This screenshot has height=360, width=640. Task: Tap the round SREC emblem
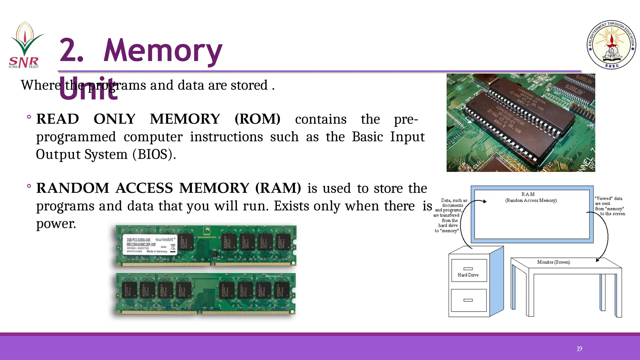(611, 45)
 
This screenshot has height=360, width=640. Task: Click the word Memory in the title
(162, 51)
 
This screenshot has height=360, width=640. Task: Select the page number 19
(579, 349)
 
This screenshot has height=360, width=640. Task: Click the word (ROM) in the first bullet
(257, 119)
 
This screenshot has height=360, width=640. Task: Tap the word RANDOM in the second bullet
(72, 188)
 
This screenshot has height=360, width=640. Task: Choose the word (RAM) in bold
(278, 188)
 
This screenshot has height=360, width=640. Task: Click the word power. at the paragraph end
(56, 224)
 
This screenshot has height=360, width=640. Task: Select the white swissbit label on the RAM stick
(149, 244)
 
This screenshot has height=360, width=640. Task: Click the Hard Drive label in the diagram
(468, 275)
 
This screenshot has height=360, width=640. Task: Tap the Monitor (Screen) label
(553, 262)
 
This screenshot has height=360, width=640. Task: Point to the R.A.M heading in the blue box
(528, 194)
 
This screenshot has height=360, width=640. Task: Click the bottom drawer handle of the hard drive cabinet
(468, 300)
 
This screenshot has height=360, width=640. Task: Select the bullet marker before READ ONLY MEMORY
(29, 117)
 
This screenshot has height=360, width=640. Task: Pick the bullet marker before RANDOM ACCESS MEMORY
(29, 186)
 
